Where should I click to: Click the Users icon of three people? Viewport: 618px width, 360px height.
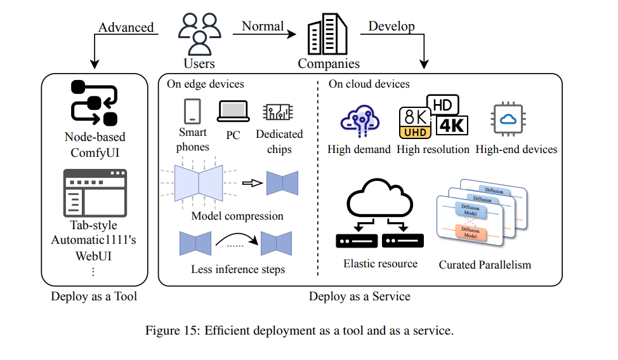(x=199, y=34)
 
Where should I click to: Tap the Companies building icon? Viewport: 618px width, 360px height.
(x=327, y=34)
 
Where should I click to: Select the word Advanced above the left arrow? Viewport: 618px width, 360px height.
(x=126, y=27)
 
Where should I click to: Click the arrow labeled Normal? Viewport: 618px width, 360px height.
(x=264, y=34)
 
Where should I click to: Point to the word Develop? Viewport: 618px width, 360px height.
(x=391, y=26)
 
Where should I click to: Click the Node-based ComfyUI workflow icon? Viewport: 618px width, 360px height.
(x=94, y=103)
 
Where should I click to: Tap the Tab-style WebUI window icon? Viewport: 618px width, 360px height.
(x=95, y=193)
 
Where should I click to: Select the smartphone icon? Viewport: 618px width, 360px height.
(x=192, y=111)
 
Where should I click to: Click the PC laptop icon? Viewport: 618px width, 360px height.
(x=233, y=111)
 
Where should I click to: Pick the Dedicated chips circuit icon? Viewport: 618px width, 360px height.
(x=279, y=112)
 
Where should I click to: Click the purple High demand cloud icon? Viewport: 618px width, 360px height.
(x=360, y=121)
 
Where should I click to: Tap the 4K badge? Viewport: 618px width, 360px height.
(x=452, y=126)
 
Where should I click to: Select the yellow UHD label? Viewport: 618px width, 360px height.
(x=415, y=133)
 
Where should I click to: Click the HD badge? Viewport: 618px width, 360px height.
(x=443, y=105)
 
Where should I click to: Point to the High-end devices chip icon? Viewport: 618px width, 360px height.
(x=508, y=119)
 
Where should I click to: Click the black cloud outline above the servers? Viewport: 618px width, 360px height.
(x=379, y=197)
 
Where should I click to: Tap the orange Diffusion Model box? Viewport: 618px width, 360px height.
(x=470, y=232)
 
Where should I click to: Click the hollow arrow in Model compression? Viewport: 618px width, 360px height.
(x=253, y=183)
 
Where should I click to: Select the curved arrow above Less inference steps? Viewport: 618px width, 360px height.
(x=237, y=239)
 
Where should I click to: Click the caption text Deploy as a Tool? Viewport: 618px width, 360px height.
(x=94, y=297)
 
